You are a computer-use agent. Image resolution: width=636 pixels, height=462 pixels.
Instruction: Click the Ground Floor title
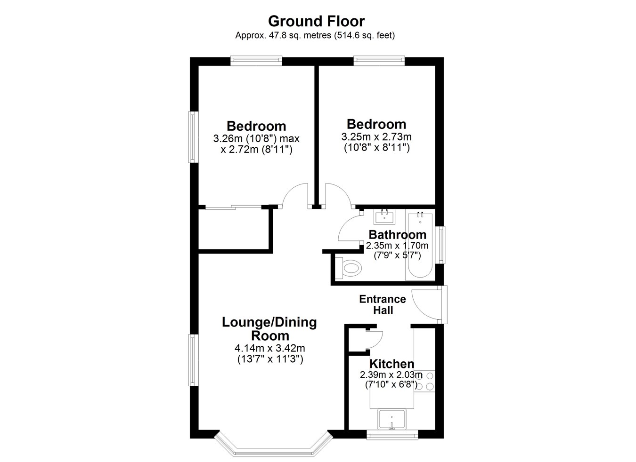[x=316, y=21]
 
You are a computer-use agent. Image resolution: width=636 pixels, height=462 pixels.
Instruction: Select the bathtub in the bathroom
[x=420, y=246]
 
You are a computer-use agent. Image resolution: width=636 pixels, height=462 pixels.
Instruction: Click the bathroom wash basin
[x=384, y=216]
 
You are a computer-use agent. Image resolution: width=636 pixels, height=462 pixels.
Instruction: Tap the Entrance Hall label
[x=383, y=304]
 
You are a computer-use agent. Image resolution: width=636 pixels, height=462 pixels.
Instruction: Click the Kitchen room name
[x=392, y=364]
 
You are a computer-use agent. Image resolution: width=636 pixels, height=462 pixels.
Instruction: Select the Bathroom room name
[x=398, y=235]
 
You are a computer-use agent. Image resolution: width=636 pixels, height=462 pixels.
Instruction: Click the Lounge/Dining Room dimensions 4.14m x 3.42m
[x=270, y=348]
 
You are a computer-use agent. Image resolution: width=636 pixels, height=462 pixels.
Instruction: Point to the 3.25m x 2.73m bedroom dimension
[x=376, y=137]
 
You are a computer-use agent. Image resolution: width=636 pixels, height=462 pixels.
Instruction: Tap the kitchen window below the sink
[x=392, y=435]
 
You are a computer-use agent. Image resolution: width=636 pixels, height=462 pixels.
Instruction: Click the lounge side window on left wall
[x=193, y=360]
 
